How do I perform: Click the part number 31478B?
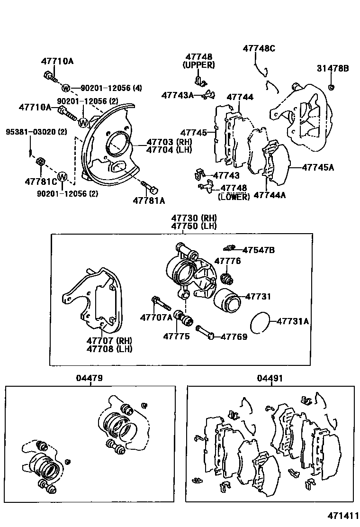click(333, 69)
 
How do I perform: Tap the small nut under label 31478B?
click(331, 86)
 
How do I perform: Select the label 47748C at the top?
click(259, 48)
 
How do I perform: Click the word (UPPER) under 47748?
click(199, 65)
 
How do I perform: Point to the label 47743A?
click(178, 95)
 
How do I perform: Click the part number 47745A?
click(318, 167)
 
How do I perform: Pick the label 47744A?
click(270, 194)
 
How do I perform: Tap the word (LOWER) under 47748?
click(234, 197)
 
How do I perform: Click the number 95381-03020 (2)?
click(36, 131)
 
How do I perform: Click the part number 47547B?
click(259, 250)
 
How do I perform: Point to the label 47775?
click(176, 336)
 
